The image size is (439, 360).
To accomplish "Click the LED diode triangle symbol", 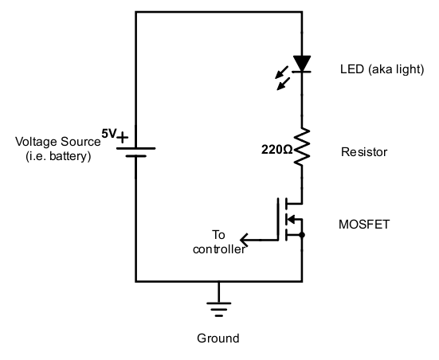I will click(302, 63).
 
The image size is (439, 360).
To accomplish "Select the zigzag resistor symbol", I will click(302, 147).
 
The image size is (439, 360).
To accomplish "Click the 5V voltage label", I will click(108, 133).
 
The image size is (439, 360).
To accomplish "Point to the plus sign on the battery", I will click(123, 139).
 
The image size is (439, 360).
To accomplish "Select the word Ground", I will click(218, 338).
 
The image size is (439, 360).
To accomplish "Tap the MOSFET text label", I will click(364, 225).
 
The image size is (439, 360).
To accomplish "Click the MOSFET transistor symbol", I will click(292, 219).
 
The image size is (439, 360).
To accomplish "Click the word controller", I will click(219, 248).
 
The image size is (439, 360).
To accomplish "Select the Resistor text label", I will click(363, 151).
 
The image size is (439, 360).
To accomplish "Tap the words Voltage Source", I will click(57, 142).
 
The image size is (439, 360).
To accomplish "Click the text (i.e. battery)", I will click(57, 156).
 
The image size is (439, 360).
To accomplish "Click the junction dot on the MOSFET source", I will click(302, 236).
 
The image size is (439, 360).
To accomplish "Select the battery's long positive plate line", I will click(136, 148).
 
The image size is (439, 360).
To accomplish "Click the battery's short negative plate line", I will click(136, 156).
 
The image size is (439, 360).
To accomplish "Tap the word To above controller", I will click(219, 235).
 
